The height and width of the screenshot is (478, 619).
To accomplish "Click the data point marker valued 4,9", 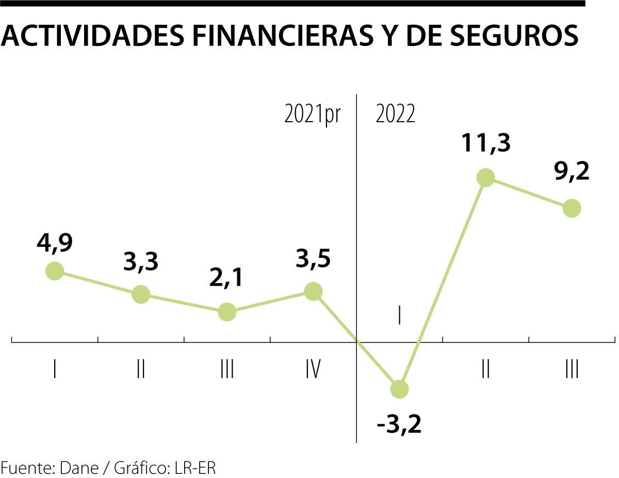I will point(55,271).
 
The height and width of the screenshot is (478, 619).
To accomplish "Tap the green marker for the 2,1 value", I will point(227,311).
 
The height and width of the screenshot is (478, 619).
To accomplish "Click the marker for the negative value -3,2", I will point(399,389).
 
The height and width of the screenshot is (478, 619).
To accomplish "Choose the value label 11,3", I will point(486,144).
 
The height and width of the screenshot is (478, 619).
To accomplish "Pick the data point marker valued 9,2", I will point(572,208).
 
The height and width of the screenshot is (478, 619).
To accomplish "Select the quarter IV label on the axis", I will point(313,369).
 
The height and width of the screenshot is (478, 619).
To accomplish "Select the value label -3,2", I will point(399,426).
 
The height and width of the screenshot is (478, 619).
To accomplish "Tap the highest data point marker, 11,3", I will point(486,177).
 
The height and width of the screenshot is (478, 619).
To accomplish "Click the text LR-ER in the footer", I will point(196,468).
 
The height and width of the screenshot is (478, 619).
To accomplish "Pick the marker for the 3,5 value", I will point(313,291).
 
